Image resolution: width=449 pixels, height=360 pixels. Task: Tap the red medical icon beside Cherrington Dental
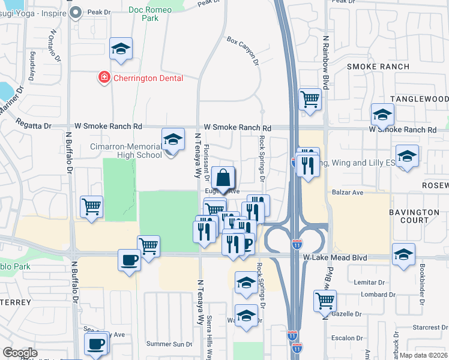104,77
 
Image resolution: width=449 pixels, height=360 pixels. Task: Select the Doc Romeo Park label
145,14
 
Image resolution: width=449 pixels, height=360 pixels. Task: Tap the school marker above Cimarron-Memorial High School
173,141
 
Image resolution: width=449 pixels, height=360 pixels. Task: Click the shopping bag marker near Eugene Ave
223,179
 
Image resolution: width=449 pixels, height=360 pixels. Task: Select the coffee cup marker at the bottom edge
96,344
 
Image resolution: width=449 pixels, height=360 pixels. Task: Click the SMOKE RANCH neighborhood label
378,67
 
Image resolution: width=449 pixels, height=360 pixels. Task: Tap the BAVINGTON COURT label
414,217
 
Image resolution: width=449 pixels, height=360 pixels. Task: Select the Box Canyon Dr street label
243,52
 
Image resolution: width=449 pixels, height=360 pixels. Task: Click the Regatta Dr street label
35,126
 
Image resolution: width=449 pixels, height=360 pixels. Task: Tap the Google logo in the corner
20,353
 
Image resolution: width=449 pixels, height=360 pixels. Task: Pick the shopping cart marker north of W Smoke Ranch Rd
310,100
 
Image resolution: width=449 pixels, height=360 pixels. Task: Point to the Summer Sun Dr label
170,344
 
